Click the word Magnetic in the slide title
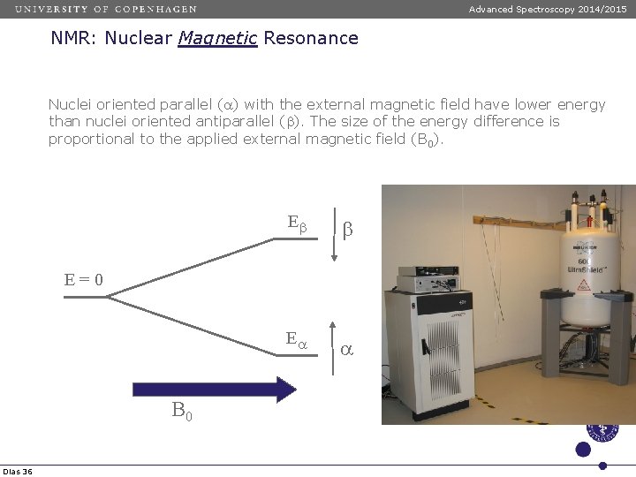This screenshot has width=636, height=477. tap(216, 38)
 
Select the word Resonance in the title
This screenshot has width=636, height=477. tap(310, 38)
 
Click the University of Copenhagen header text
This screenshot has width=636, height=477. tap(106, 9)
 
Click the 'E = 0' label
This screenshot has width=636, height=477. tap(84, 280)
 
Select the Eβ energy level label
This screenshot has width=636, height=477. tap(297, 223)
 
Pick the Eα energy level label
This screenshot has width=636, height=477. tap(296, 338)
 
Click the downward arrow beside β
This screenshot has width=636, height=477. tap(334, 234)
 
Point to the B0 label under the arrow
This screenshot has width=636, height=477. tap(182, 411)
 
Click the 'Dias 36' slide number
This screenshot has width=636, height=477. tap(17, 472)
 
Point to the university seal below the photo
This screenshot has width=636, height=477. tap(603, 431)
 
